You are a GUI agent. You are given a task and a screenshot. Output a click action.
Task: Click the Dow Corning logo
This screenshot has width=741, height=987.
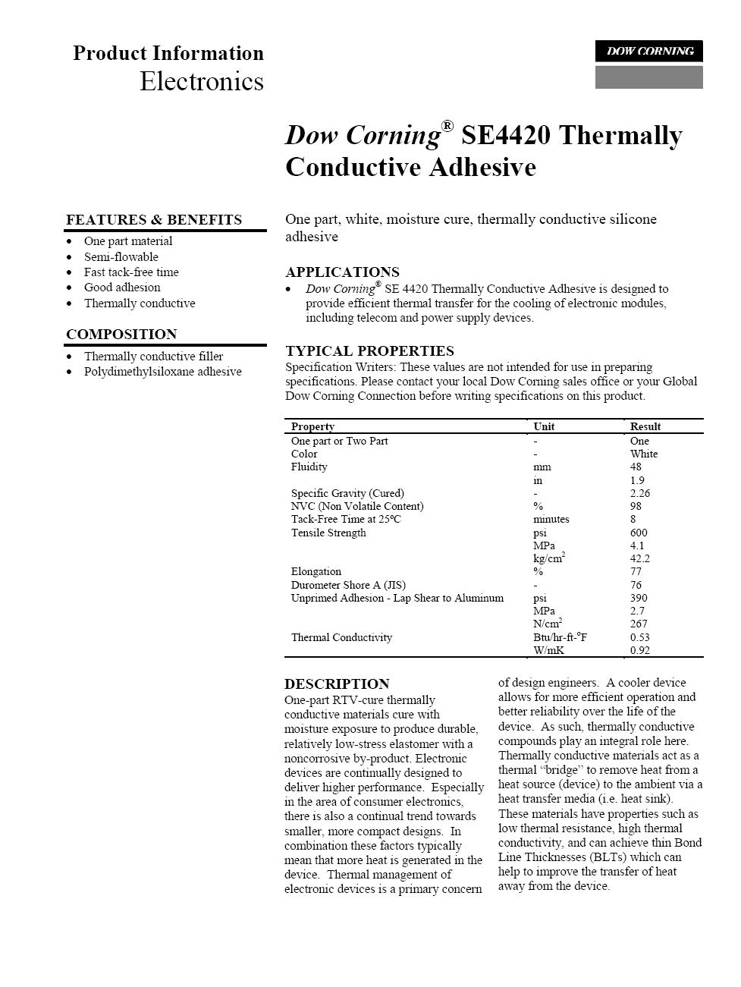[648, 52]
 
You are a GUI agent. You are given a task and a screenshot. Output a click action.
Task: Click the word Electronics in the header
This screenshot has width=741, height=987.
[202, 81]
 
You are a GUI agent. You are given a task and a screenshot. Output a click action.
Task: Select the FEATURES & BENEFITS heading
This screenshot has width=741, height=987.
[154, 220]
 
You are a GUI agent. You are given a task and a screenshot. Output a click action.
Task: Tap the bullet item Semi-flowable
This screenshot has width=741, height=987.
[121, 257]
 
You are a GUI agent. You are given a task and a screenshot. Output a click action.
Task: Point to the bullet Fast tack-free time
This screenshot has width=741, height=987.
[131, 272]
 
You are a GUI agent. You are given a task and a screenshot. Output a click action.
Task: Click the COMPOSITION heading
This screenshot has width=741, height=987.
[121, 335]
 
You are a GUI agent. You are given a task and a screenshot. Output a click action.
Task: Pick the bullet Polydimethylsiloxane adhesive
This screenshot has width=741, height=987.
[162, 372]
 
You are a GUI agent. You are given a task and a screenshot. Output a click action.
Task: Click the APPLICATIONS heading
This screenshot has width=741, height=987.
[342, 272]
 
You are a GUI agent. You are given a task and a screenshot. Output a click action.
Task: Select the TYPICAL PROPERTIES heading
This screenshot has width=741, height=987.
[369, 351]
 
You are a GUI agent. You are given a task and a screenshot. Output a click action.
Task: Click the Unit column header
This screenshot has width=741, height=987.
[544, 426]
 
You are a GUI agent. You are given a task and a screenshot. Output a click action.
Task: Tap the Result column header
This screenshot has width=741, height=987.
[645, 426]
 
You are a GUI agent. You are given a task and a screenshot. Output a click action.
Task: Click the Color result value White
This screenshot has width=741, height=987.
[644, 454]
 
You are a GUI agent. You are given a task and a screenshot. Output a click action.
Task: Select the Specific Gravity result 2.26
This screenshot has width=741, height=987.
[640, 493]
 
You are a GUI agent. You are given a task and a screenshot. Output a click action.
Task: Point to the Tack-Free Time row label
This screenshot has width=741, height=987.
[346, 520]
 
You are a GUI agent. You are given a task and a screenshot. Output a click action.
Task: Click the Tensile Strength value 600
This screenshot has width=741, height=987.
[639, 533]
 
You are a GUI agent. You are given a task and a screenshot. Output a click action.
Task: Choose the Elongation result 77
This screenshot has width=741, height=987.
[636, 571]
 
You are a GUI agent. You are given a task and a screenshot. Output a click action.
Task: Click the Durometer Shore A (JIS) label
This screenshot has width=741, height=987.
[348, 585]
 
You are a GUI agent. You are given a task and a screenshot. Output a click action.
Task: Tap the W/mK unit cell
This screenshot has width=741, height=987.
[548, 650]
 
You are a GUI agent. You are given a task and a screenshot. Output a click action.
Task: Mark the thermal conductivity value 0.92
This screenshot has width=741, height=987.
[640, 650]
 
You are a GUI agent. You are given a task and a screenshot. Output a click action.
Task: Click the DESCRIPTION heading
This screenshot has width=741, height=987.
[337, 684]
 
